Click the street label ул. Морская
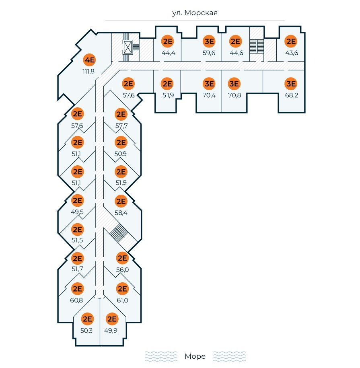195,13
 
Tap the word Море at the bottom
195,356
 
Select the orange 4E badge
89,61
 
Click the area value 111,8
88,72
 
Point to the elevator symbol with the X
128,47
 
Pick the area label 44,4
167,53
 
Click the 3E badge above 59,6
209,41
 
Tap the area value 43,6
291,53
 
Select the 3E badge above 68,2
290,84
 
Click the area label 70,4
209,95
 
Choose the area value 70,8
234,95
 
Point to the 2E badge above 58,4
121,201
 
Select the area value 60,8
77,300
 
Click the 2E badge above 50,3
87,319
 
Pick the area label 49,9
111,331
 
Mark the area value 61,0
121,300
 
